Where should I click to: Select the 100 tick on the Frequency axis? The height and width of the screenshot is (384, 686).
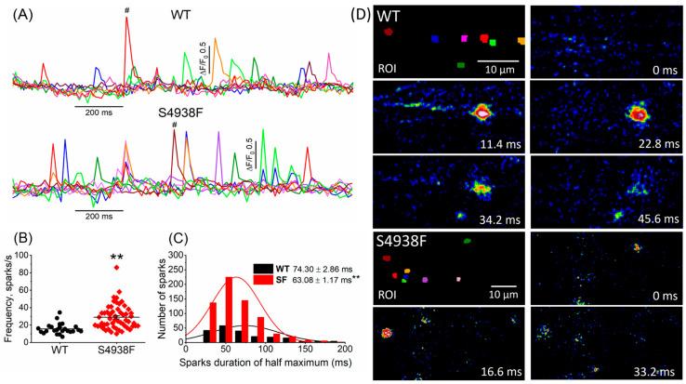(41, 253)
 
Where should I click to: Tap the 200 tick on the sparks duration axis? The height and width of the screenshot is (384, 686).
(343, 350)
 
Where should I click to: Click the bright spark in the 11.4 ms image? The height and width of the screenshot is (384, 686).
(482, 113)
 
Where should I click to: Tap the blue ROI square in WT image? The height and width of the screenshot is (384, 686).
(435, 39)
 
